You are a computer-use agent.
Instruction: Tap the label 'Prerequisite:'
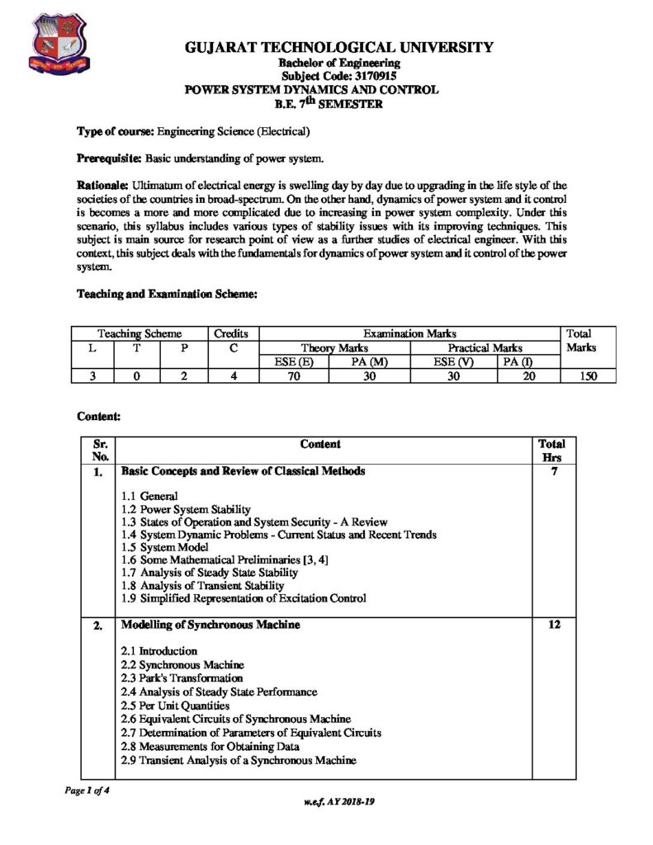(109, 158)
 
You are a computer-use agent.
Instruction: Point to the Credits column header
(234, 333)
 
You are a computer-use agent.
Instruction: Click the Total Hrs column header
(551, 450)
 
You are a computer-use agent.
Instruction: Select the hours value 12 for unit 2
(553, 625)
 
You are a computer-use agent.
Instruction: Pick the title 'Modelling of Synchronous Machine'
(211, 625)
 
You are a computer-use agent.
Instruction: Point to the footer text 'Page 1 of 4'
(88, 790)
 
